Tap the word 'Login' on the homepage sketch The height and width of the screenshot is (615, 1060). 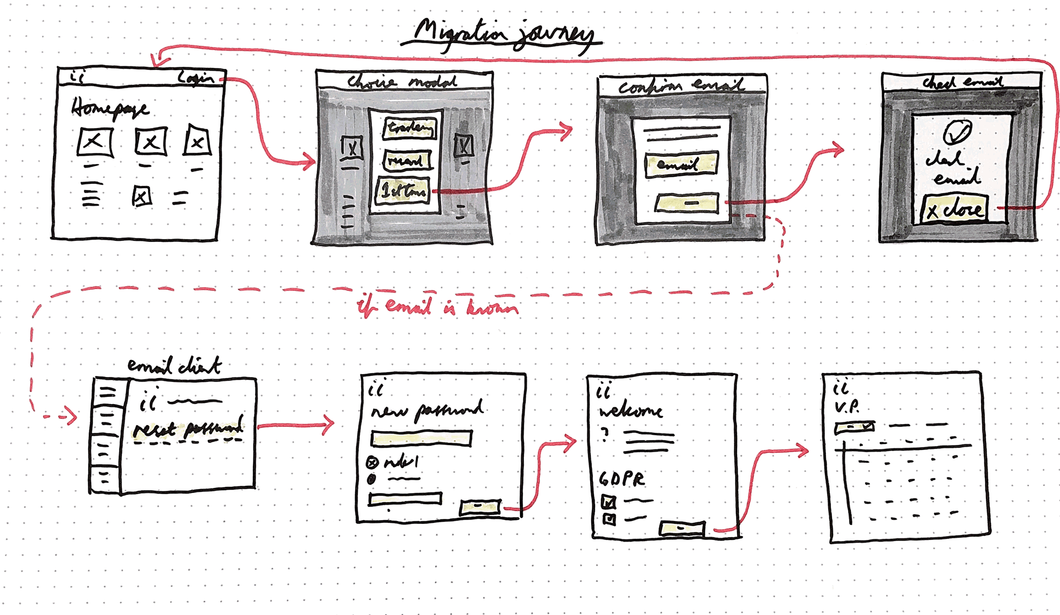click(195, 78)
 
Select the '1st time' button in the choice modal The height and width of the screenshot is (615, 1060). click(402, 191)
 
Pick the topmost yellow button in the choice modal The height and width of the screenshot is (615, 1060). click(409, 128)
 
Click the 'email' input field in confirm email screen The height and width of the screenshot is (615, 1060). click(681, 165)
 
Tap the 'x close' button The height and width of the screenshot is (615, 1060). click(954, 209)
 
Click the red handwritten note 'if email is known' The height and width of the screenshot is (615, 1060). click(437, 307)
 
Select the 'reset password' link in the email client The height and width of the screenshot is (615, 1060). click(188, 428)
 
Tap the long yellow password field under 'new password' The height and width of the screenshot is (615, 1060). click(421, 438)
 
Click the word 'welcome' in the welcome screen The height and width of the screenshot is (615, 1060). click(630, 411)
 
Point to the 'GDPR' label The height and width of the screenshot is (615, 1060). click(622, 479)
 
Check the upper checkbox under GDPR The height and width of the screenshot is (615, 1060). click(608, 502)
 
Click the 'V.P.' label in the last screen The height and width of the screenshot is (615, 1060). click(847, 407)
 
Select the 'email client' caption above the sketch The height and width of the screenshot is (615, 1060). click(174, 365)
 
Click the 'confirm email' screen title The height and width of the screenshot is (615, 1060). click(681, 86)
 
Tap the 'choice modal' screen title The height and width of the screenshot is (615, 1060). click(401, 82)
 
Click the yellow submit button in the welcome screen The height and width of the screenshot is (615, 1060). click(682, 528)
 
